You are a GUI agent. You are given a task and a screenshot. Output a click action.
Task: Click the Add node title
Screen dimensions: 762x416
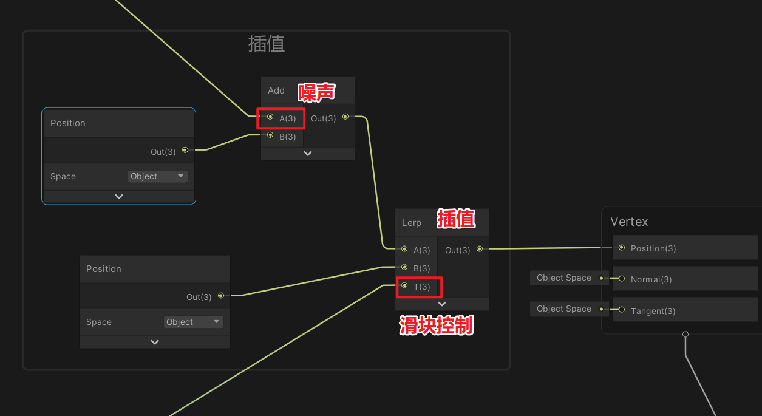click(276, 90)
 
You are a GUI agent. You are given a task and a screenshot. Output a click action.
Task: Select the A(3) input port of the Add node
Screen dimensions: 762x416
click(270, 117)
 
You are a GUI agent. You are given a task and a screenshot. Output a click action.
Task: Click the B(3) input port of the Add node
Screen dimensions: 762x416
click(270, 135)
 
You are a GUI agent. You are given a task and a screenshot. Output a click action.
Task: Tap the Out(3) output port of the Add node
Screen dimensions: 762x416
click(345, 117)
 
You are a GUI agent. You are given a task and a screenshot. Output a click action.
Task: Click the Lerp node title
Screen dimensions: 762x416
click(411, 223)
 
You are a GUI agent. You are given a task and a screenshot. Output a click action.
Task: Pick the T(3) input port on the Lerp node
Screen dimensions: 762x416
click(404, 285)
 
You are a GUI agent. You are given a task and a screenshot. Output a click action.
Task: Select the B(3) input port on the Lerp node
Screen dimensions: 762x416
click(404, 267)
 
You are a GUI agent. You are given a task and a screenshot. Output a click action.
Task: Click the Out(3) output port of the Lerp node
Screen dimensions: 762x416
click(480, 248)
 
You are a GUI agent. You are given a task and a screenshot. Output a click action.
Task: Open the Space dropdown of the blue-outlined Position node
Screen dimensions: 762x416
click(157, 176)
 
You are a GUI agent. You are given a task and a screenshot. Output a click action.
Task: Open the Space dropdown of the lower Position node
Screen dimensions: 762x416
click(193, 322)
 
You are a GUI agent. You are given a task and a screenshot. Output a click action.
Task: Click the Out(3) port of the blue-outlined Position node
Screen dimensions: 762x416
click(185, 150)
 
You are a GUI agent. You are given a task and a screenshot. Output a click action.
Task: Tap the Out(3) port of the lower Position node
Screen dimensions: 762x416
click(221, 296)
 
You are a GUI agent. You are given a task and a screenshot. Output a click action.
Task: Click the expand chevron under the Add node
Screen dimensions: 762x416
click(308, 154)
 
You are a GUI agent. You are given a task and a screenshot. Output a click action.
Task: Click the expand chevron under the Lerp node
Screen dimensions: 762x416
click(442, 304)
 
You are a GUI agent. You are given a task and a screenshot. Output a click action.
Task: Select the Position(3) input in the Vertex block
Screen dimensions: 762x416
click(622, 248)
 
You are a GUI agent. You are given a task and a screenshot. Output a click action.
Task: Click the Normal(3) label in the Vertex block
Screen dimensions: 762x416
click(651, 279)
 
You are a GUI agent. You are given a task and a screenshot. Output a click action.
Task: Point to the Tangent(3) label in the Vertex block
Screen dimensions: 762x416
click(653, 311)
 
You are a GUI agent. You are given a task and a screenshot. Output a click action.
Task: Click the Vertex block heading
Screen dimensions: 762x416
click(629, 222)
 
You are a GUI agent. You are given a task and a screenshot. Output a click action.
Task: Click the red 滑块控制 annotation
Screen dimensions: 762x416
click(437, 326)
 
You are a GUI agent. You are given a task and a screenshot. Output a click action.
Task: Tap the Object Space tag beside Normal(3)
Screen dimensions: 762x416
click(563, 278)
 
